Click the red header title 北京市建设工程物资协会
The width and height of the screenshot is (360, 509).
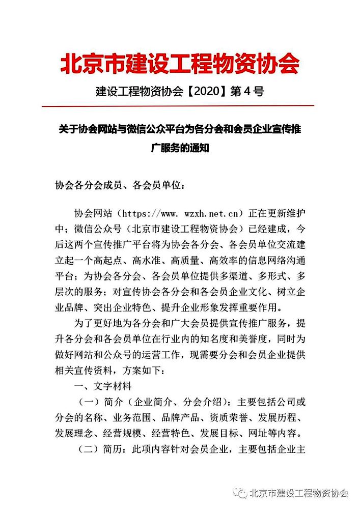[x=180, y=64]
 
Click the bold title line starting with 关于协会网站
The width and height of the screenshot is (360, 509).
[x=180, y=129]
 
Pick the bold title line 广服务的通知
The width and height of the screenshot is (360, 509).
[x=180, y=149]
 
